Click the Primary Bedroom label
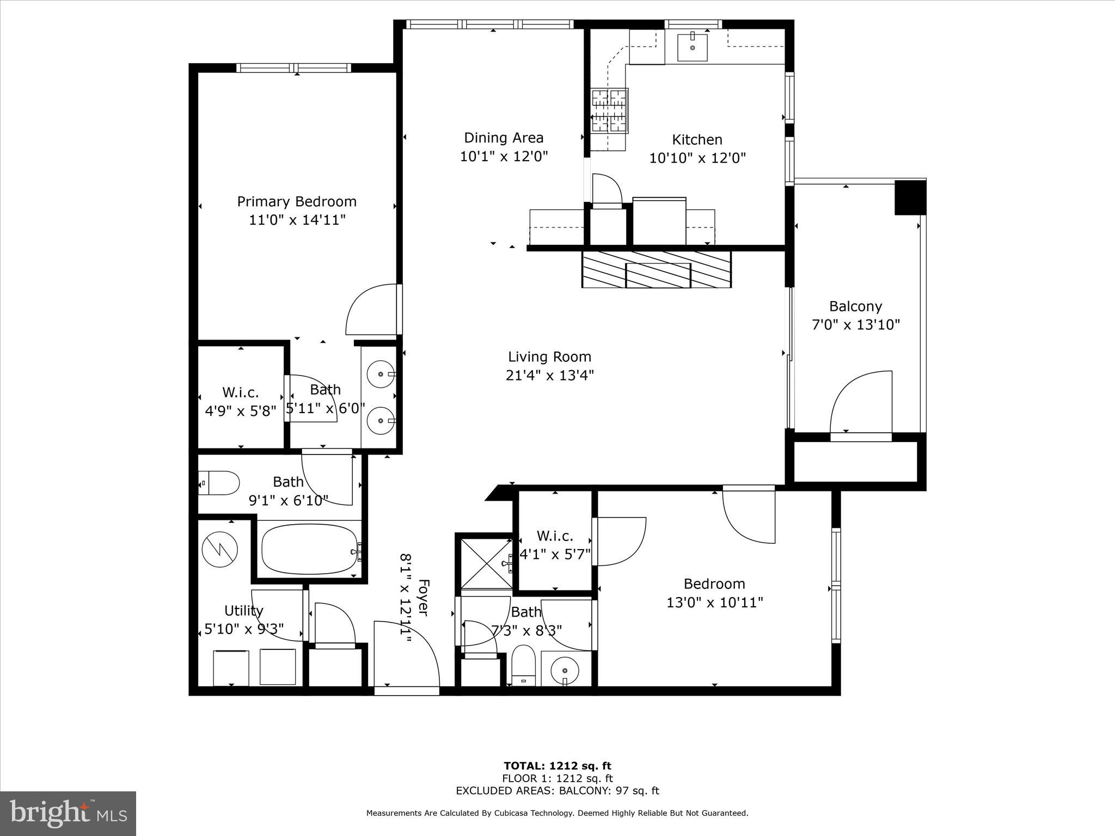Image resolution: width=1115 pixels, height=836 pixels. [x=297, y=201]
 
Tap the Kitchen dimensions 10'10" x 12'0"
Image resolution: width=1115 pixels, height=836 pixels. [x=697, y=158]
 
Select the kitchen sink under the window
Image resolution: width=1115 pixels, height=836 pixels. [x=693, y=47]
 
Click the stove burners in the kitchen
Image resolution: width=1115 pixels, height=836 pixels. [x=609, y=111]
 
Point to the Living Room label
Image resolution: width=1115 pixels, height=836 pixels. [x=549, y=357]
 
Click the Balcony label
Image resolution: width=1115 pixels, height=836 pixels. [x=855, y=306]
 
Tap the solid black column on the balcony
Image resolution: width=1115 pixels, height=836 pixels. [x=910, y=198]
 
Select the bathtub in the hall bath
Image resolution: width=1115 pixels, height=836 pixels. [x=309, y=549]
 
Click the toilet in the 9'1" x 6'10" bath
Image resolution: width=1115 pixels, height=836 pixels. [x=219, y=483]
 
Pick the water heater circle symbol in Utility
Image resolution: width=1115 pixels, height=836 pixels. [x=220, y=550]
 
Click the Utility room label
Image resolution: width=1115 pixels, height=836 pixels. [x=243, y=611]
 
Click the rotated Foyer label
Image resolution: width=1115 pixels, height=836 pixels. [x=423, y=598]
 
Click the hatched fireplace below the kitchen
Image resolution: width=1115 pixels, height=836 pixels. [x=656, y=269]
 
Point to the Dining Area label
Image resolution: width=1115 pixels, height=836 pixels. [x=504, y=138]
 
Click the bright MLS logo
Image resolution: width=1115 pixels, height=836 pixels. [x=68, y=813]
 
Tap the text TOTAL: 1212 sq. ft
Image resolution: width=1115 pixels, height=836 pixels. [x=557, y=766]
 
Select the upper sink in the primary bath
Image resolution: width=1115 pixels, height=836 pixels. [x=380, y=374]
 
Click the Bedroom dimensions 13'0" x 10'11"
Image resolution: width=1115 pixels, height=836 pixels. [x=714, y=603]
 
